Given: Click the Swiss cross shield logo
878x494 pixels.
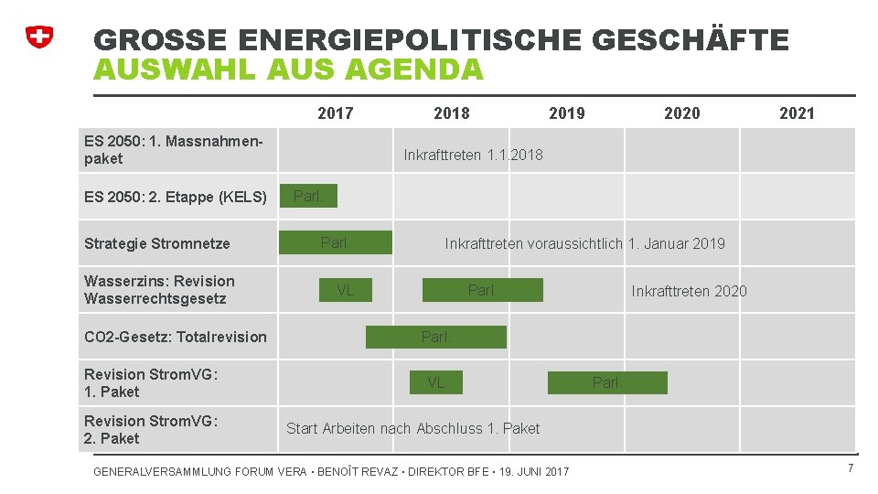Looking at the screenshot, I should [x=38, y=37].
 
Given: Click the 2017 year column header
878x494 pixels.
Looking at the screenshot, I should [x=335, y=113].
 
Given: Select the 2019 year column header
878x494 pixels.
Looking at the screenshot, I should [x=566, y=113].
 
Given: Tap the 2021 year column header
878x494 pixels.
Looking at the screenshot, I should [x=796, y=113].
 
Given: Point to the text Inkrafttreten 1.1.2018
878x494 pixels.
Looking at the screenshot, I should [x=473, y=155].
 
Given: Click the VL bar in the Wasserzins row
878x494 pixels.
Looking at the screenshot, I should [x=345, y=290].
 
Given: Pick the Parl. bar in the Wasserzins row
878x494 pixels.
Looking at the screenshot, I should [x=482, y=290].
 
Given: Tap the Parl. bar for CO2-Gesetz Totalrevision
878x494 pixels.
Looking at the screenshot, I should [x=436, y=337].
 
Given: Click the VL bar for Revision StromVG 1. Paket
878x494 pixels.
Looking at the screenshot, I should [x=436, y=382].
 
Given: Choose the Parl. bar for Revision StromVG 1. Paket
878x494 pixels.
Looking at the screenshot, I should [x=607, y=382].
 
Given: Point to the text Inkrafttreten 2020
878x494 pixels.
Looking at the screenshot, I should [x=689, y=291].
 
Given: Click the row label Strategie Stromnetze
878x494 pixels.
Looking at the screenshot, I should [x=156, y=243].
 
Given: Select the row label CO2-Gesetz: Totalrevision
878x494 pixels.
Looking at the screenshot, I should [x=175, y=337].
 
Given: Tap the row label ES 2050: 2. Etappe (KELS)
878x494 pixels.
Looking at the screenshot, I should [x=175, y=197].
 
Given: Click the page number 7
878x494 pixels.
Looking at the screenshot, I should [x=851, y=468].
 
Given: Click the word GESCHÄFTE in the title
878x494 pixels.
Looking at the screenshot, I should [x=691, y=40].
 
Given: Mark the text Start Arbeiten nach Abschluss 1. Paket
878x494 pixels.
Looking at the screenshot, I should [x=412, y=428].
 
